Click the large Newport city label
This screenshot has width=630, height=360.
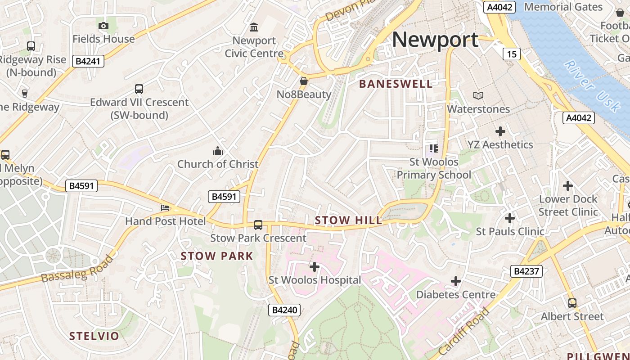tap(435, 40)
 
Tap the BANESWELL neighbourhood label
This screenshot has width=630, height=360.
tap(396, 84)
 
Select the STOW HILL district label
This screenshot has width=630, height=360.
tap(348, 220)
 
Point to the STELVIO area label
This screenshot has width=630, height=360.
tap(94, 336)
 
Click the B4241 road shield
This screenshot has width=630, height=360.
tap(88, 61)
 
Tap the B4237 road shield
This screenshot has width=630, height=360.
tap(526, 271)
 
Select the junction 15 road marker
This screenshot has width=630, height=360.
tap(511, 54)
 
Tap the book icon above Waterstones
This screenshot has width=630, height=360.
tap(478, 95)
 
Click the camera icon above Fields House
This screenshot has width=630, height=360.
tap(103, 26)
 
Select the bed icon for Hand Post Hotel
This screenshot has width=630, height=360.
tap(165, 208)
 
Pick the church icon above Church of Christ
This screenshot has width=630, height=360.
tap(218, 150)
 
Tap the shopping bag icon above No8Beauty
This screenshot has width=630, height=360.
tap(304, 81)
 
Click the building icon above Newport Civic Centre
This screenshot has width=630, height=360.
tap(254, 27)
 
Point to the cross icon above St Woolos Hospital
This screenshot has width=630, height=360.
tap(315, 267)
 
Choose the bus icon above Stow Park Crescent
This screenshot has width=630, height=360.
tap(258, 225)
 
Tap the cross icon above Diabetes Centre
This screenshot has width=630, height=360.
tap(456, 281)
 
